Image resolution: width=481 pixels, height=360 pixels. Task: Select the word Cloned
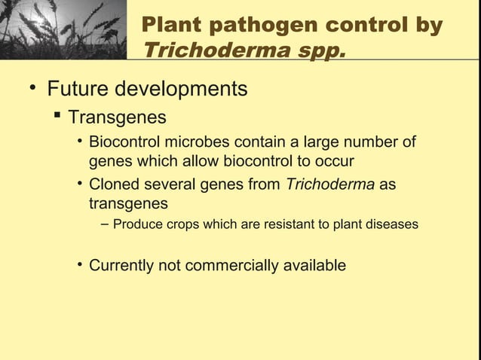tap(114, 185)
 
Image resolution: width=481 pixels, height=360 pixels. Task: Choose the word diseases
tap(391, 224)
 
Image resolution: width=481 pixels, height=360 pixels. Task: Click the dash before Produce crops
tap(104, 224)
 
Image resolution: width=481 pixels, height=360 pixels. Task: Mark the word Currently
tap(121, 265)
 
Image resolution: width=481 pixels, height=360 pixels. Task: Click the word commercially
tap(228, 265)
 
